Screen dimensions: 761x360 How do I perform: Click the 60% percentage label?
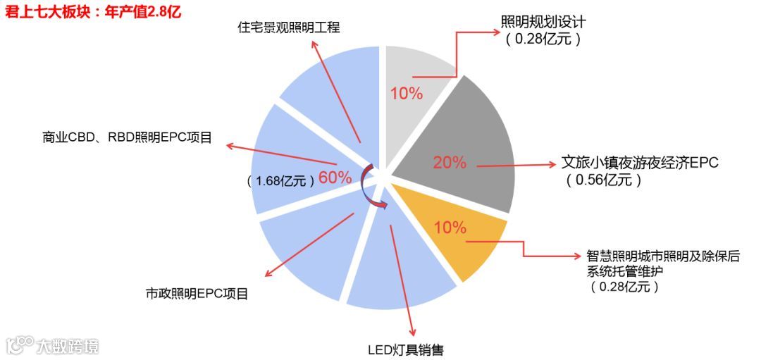(x=335, y=178)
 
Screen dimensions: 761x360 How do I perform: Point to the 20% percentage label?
(x=450, y=163)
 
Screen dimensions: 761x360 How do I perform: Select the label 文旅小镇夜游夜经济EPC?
(x=639, y=162)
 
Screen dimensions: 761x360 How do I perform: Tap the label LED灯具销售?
(x=406, y=349)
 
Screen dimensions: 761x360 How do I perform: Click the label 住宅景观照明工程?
(x=288, y=28)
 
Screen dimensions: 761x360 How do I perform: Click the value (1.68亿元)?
(x=280, y=181)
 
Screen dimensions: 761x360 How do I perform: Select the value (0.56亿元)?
(x=603, y=180)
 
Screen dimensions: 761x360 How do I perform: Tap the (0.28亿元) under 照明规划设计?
(x=543, y=39)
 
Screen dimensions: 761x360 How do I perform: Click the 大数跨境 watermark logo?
(x=52, y=346)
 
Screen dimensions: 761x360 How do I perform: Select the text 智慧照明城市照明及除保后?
(x=663, y=256)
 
